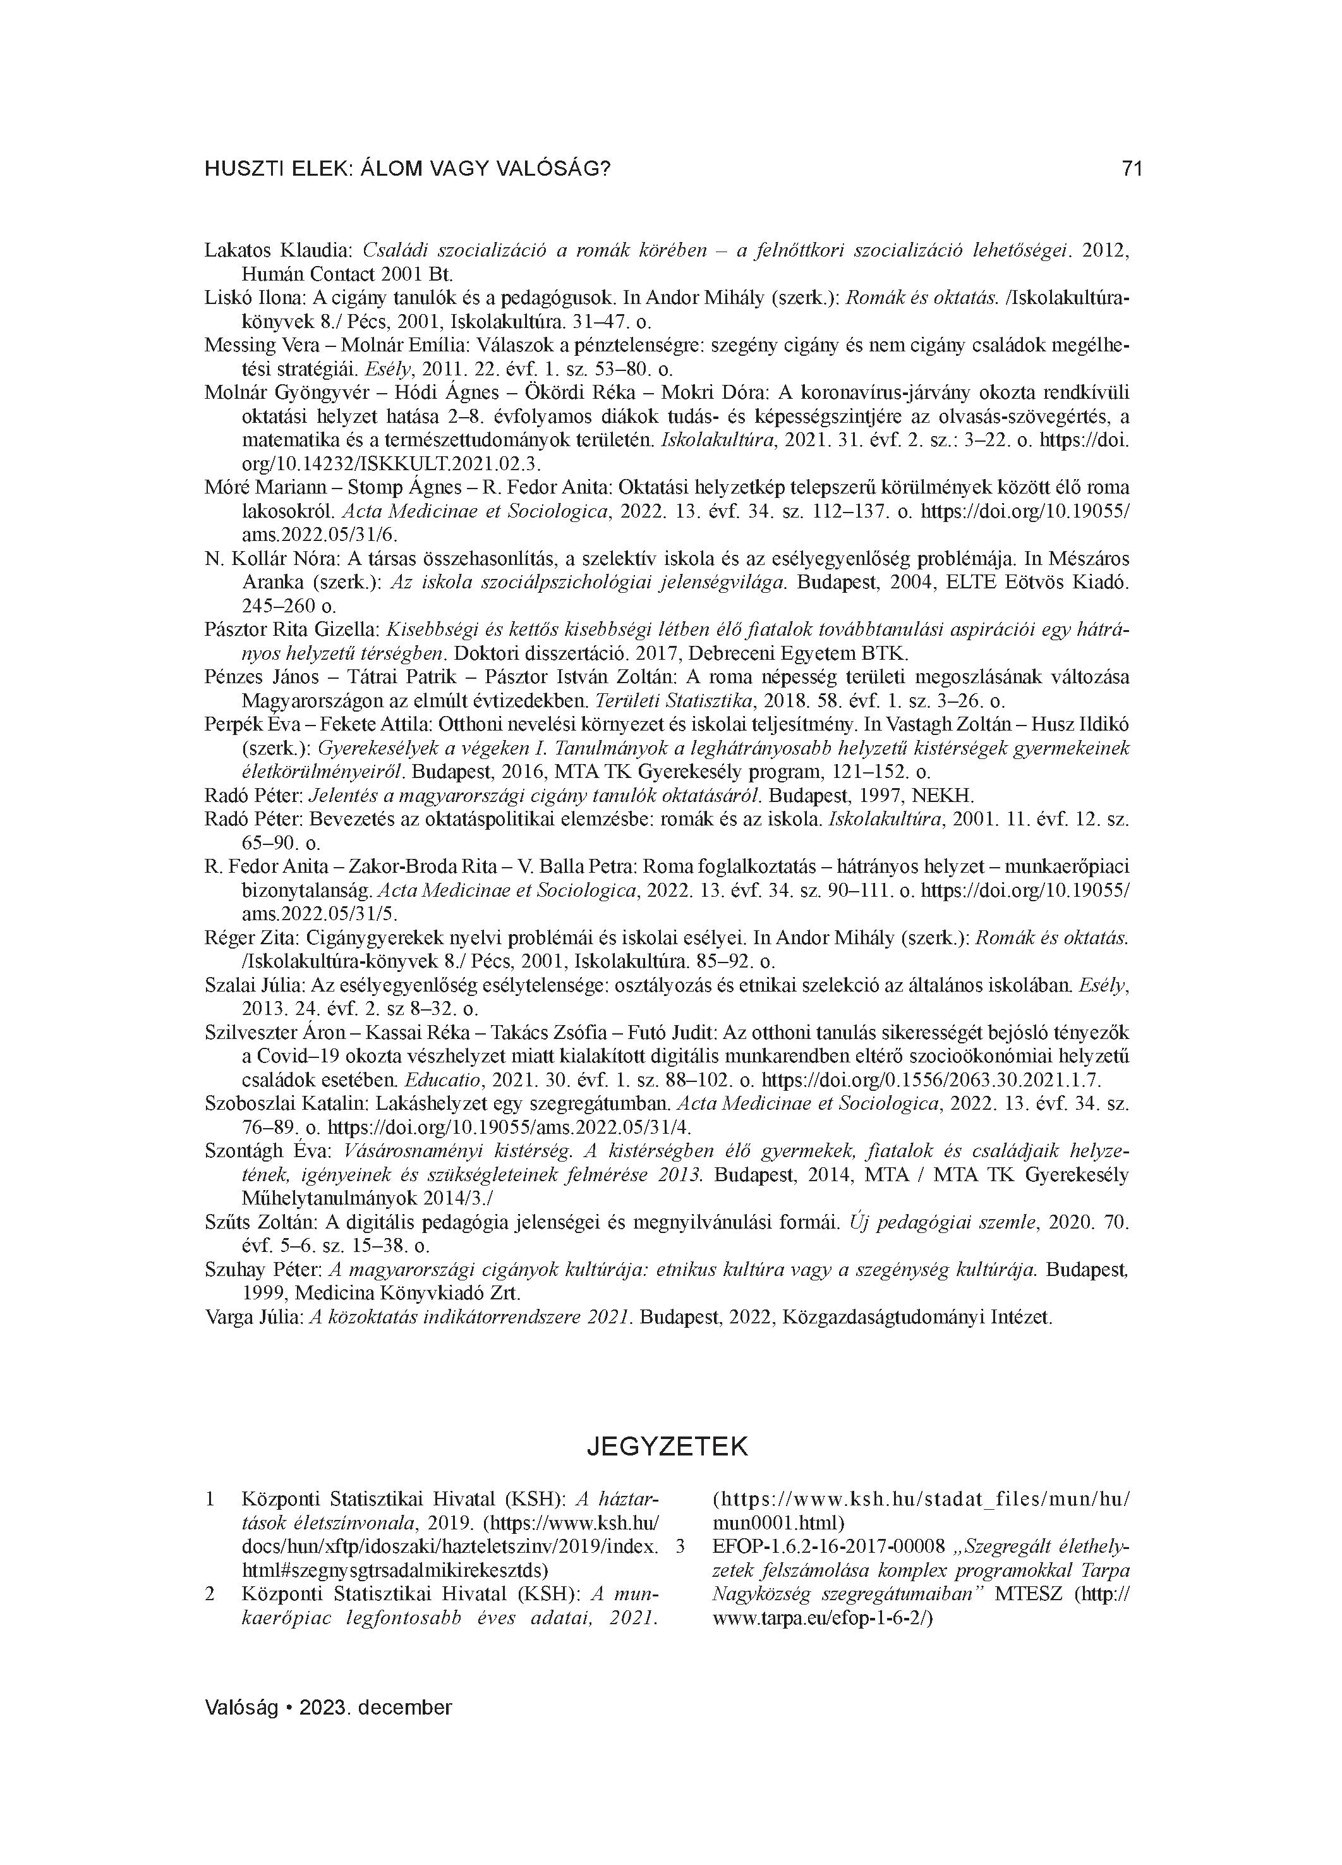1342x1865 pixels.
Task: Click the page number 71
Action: click(1132, 169)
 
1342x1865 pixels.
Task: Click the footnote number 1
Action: click(210, 1499)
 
